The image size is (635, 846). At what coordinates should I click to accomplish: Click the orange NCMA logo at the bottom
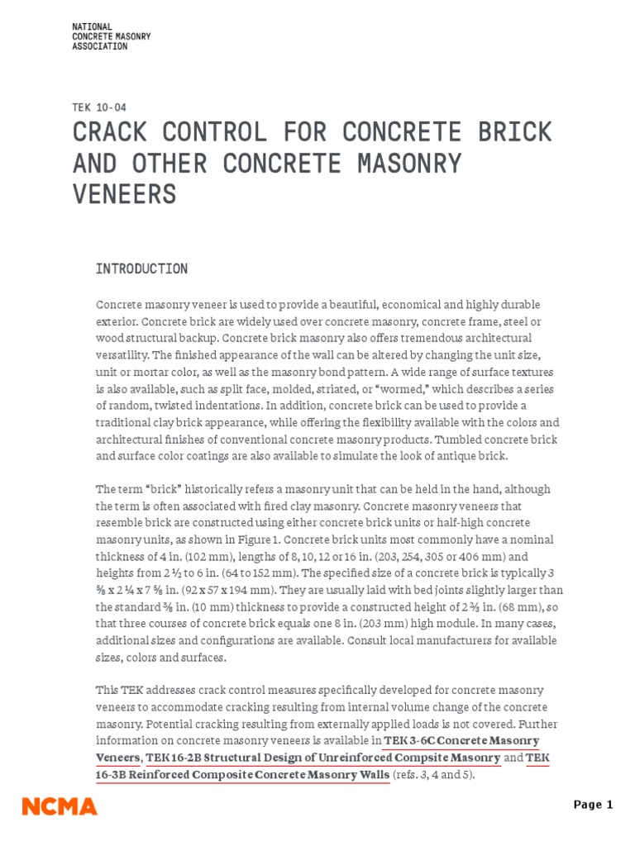coord(60,806)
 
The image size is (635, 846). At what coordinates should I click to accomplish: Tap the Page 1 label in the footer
coord(594,805)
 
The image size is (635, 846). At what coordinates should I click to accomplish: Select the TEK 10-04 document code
coord(99,107)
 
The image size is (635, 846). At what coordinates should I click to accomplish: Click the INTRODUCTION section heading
coord(141,269)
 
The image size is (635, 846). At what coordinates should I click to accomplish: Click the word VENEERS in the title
coord(125,194)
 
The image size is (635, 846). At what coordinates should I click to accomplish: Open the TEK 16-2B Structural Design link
coord(323,758)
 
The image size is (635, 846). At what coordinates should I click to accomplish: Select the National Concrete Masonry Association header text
coord(112,37)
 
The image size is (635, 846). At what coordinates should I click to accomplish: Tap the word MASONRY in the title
coord(413,163)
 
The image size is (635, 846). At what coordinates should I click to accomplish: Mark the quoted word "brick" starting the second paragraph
coord(145,489)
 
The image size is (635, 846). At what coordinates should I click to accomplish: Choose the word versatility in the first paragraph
coord(124,355)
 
